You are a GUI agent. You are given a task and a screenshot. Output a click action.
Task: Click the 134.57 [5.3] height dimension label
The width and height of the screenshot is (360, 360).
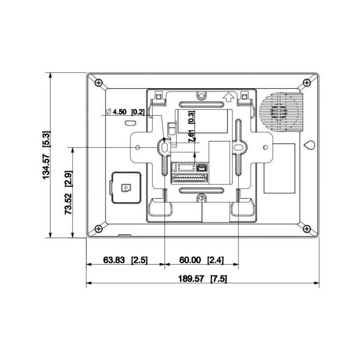[x=46, y=155]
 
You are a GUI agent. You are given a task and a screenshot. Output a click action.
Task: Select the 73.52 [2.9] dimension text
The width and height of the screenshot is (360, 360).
[x=68, y=192]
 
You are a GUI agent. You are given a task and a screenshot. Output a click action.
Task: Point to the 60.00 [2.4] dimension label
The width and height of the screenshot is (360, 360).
[x=202, y=260]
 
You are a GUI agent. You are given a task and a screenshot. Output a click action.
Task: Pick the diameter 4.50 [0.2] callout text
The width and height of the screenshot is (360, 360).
[x=125, y=112]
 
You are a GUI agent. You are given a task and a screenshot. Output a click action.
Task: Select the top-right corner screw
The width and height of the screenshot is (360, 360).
[x=306, y=82]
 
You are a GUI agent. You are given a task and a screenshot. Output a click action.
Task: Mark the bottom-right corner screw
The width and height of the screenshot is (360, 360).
[x=306, y=229]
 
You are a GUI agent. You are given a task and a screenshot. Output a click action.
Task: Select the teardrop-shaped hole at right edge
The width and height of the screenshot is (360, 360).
[x=309, y=145]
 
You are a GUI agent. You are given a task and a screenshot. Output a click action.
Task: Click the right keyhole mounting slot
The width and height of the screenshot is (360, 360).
[x=238, y=147]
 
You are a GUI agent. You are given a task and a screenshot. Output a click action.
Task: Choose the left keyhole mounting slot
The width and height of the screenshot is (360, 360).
[x=164, y=147]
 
